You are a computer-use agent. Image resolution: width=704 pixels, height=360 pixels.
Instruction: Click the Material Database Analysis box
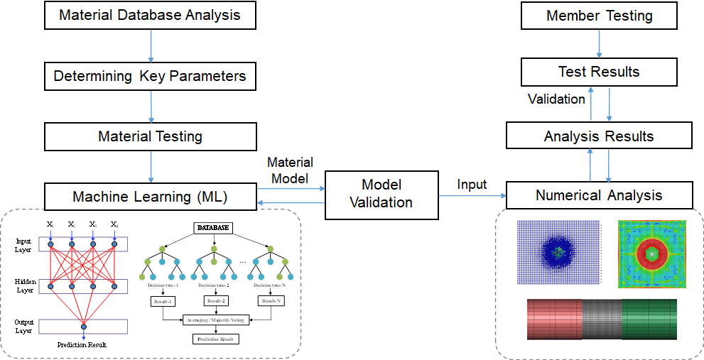pyautogui.click(x=150, y=15)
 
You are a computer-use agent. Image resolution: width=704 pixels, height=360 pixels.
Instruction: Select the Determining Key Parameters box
pyautogui.click(x=150, y=76)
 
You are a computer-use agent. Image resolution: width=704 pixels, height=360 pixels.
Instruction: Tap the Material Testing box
pyautogui.click(x=150, y=136)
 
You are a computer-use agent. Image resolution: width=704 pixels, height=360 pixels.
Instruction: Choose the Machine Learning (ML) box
pyautogui.click(x=150, y=196)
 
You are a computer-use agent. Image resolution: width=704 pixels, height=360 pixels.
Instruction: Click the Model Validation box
pyautogui.click(x=381, y=194)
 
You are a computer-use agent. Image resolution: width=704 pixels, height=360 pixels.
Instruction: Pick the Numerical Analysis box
pyautogui.click(x=599, y=195)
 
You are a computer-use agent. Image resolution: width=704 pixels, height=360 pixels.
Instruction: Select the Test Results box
pyautogui.click(x=599, y=72)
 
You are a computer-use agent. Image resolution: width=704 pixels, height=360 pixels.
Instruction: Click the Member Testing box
pyautogui.click(x=599, y=16)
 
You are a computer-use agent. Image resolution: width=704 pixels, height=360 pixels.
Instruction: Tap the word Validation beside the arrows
pyautogui.click(x=556, y=99)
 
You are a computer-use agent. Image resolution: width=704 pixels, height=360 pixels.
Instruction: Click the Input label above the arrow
pyautogui.click(x=472, y=185)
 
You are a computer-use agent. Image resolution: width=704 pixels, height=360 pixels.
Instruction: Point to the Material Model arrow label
pyautogui.click(x=290, y=170)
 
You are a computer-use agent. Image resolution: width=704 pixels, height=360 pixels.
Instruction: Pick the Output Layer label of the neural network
pyautogui.click(x=25, y=326)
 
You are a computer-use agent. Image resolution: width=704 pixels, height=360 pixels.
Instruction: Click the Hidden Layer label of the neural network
pyautogui.click(x=25, y=285)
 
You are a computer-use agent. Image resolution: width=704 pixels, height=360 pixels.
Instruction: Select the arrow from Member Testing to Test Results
pyautogui.click(x=599, y=43)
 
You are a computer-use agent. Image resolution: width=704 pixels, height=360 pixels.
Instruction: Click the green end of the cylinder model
pyautogui.click(x=649, y=320)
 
